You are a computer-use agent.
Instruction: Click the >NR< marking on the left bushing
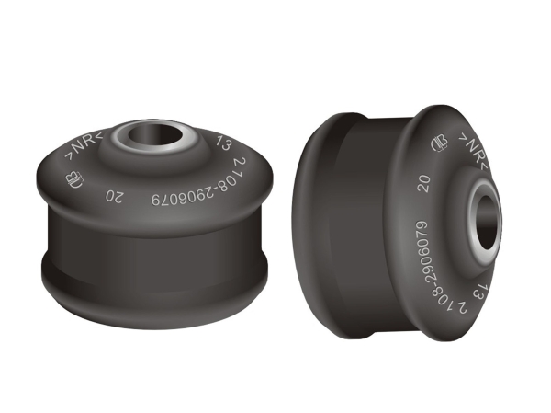tap(84, 146)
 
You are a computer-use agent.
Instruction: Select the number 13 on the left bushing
tap(223, 143)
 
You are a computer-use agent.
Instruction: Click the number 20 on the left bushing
tap(115, 197)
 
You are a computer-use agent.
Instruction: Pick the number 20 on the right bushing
tap(424, 183)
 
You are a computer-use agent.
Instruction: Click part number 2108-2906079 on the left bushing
tap(199, 187)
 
